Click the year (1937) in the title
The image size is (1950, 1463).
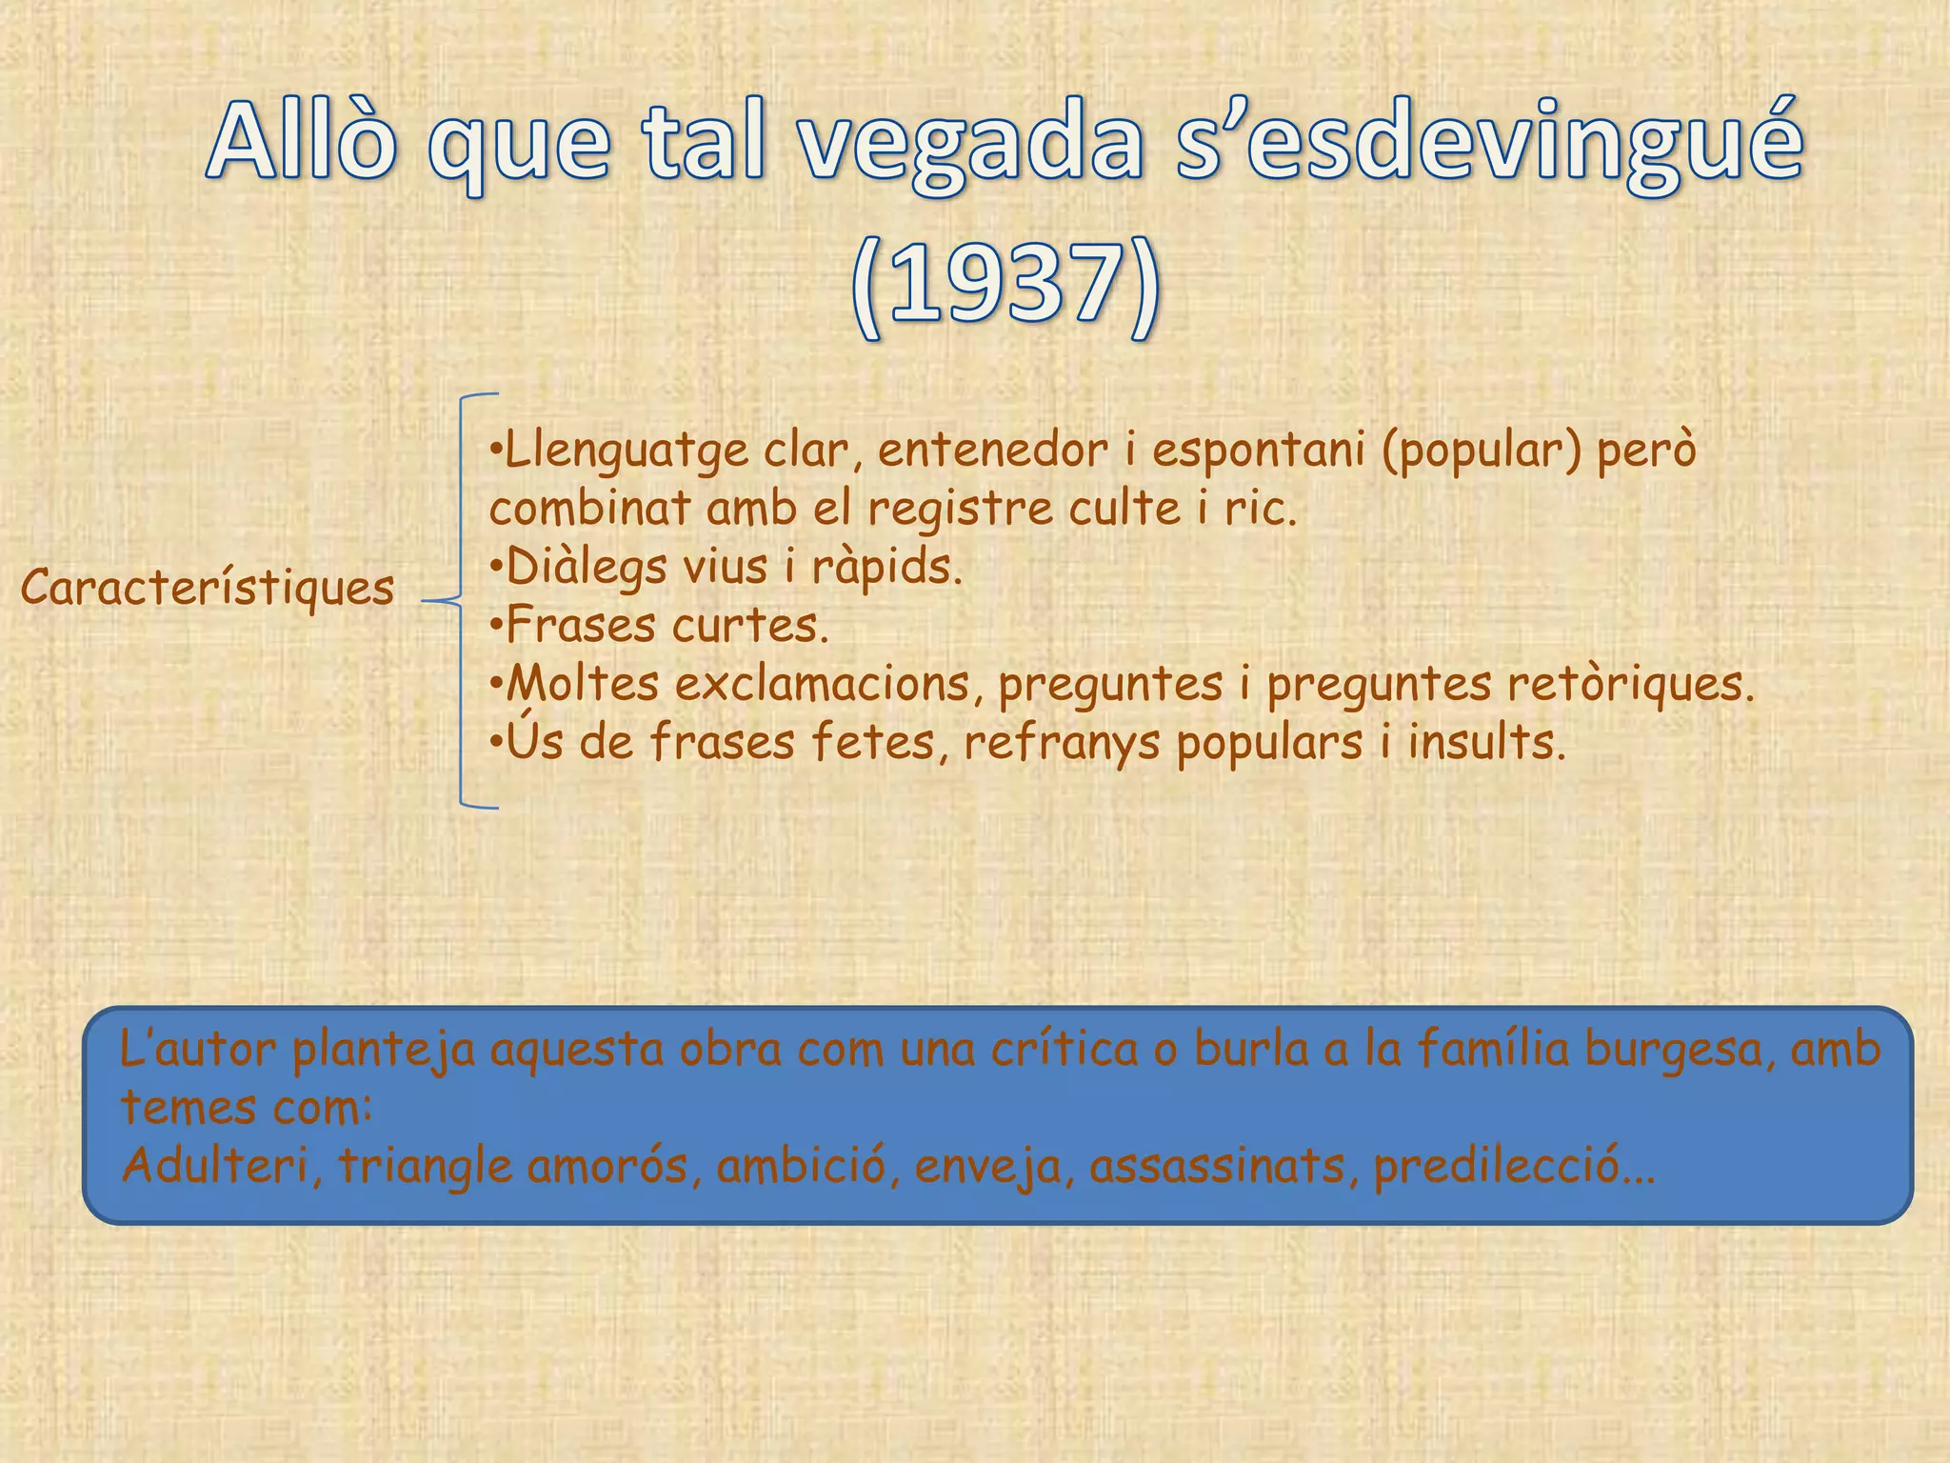(1005, 288)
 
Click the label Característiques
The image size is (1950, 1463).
(208, 588)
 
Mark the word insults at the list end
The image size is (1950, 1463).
(1485, 742)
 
